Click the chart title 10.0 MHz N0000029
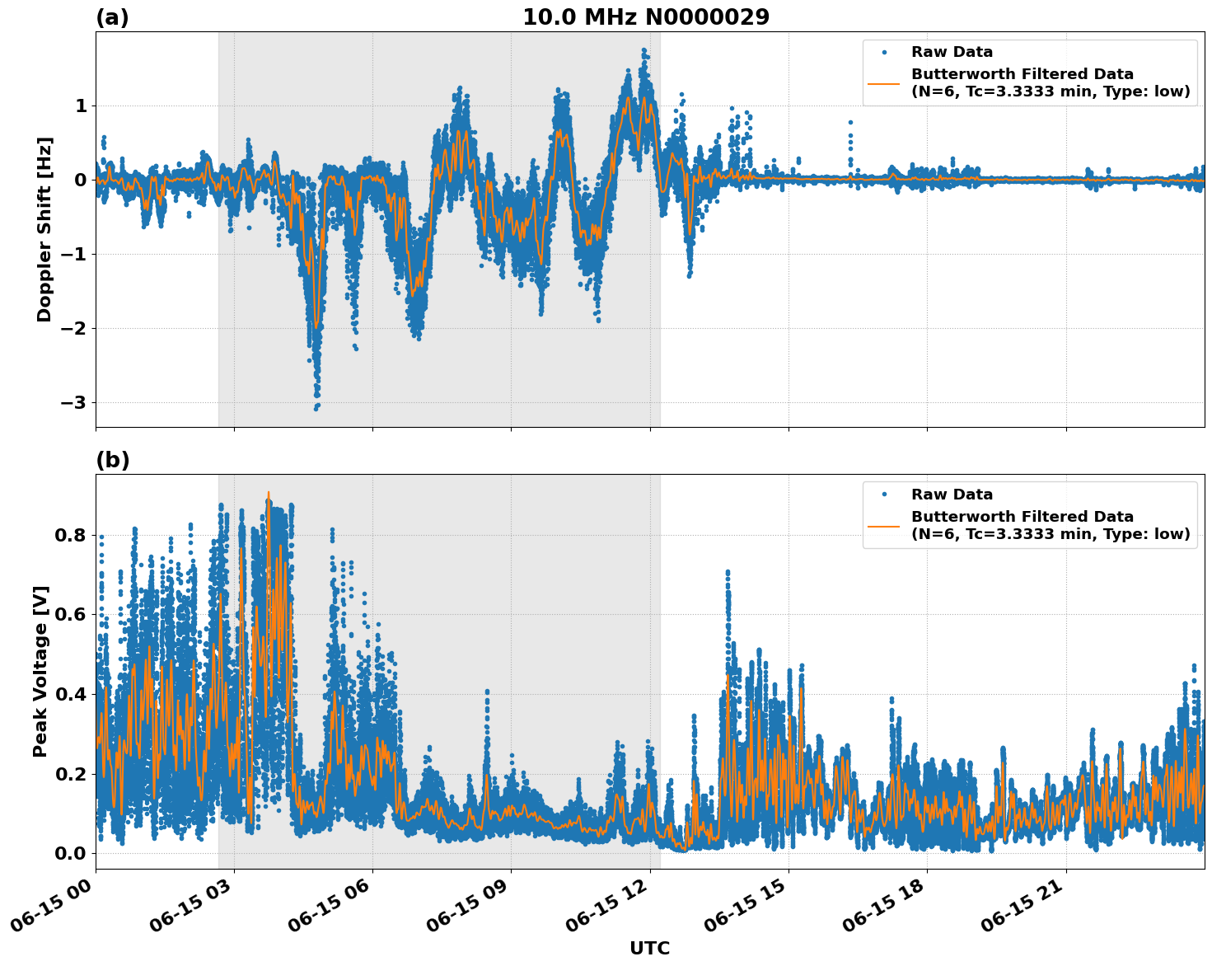pyautogui.click(x=646, y=17)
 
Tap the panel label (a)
pyautogui.click(x=112, y=17)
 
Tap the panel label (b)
pyautogui.click(x=113, y=460)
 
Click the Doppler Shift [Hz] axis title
pyautogui.click(x=44, y=229)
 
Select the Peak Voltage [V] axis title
pyautogui.click(x=40, y=671)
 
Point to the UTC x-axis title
pyautogui.click(x=649, y=948)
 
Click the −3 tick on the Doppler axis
pyautogui.click(x=73, y=402)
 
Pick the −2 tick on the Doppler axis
pyautogui.click(x=73, y=328)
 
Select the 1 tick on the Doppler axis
pyautogui.click(x=81, y=106)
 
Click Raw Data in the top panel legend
pyautogui.click(x=952, y=52)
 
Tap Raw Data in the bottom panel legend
pyautogui.click(x=952, y=495)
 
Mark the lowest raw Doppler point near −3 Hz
pyautogui.click(x=316, y=408)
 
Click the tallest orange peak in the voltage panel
pyautogui.click(x=269, y=493)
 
